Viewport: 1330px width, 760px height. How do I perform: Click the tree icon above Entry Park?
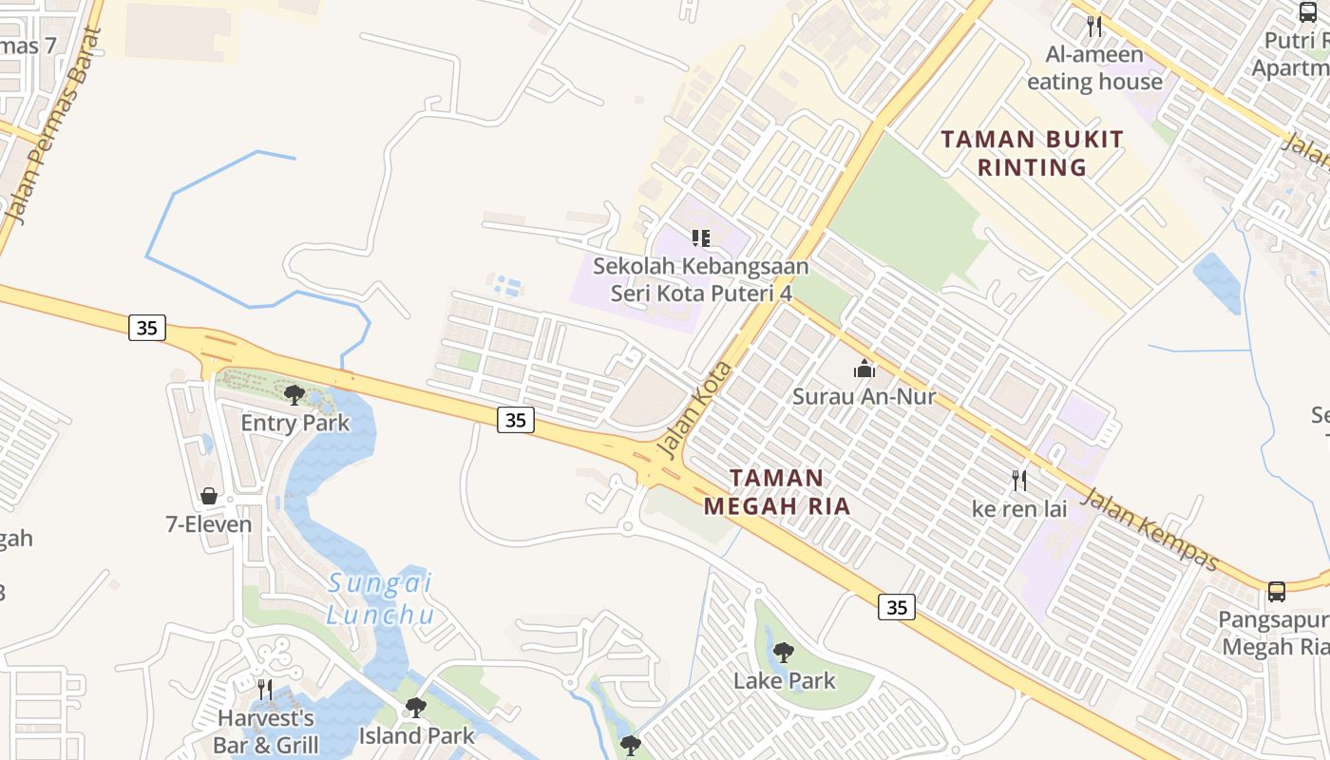click(294, 394)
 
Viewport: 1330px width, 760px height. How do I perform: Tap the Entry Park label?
click(295, 423)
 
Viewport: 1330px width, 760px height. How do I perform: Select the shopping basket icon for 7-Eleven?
click(209, 496)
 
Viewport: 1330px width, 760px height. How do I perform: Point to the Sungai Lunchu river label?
click(380, 598)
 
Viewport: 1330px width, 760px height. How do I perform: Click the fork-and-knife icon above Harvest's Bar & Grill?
click(265, 689)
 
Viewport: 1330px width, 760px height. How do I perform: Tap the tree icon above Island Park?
click(415, 708)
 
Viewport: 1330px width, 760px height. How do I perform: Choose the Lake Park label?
click(785, 680)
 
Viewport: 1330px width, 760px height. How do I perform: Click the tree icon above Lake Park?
click(784, 653)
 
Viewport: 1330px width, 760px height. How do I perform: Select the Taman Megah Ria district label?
click(777, 491)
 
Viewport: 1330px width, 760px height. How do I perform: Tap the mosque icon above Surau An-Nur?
click(864, 369)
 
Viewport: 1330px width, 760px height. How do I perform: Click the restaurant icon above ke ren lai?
click(1019, 481)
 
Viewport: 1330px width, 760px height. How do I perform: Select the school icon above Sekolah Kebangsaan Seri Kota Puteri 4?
click(701, 238)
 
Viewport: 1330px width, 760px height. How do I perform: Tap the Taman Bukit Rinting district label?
click(1032, 153)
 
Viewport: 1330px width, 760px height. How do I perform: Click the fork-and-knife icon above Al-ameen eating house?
click(1094, 27)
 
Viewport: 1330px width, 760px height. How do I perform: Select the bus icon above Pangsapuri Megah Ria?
click(1277, 592)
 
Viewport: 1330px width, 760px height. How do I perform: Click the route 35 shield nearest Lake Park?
click(897, 606)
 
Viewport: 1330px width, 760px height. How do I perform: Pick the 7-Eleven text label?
click(209, 524)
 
